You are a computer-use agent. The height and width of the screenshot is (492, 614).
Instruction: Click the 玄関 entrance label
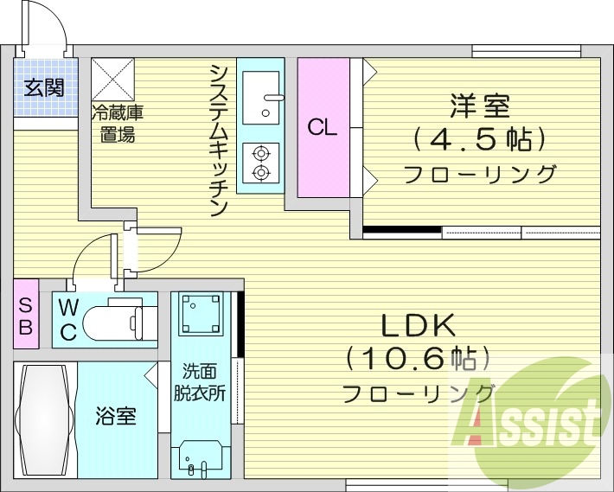pyautogui.click(x=42, y=87)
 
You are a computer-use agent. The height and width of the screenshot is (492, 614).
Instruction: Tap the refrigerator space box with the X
pyautogui.click(x=112, y=80)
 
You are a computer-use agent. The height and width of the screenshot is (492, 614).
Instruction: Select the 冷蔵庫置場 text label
pyautogui.click(x=117, y=122)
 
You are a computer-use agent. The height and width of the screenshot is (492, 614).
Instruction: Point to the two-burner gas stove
pyautogui.click(x=260, y=163)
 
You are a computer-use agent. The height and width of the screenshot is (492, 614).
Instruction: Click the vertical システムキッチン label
pyautogui.click(x=218, y=138)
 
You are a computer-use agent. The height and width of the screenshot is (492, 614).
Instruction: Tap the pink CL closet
pyautogui.click(x=323, y=128)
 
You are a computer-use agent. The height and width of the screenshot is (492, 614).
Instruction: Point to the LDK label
pyautogui.click(x=418, y=325)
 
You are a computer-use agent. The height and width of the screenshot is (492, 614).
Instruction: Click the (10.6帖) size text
pyautogui.click(x=418, y=358)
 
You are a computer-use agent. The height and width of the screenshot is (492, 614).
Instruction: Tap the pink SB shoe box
pyautogui.click(x=26, y=314)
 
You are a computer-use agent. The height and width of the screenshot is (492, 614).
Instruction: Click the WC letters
pyautogui.click(x=67, y=317)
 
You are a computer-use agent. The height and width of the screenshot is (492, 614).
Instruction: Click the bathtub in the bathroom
pyautogui.click(x=44, y=419)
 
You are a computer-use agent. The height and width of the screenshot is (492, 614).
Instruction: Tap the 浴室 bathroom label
pyautogui.click(x=115, y=417)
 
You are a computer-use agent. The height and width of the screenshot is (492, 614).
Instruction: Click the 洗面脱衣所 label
pyautogui.click(x=204, y=381)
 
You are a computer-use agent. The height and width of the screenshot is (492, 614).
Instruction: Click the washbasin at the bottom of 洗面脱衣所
pyautogui.click(x=201, y=456)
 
